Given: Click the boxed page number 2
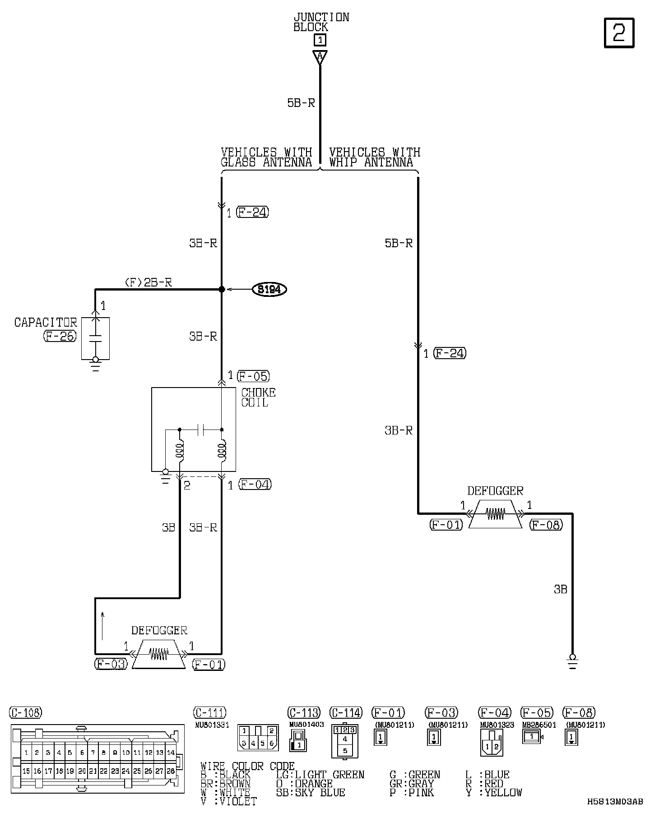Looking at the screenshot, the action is click(619, 33).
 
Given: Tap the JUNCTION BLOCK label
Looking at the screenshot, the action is click(321, 22).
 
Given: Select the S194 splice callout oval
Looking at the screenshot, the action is click(269, 289).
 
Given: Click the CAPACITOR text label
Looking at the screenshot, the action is click(46, 323).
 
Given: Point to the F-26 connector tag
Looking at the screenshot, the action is click(60, 336).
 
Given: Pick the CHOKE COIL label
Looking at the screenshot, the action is click(258, 397).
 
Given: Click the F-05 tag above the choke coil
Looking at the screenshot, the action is click(253, 376).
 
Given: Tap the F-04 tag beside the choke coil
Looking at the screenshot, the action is click(255, 485).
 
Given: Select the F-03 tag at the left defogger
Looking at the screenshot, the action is click(111, 664).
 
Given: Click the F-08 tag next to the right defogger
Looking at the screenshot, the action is click(546, 525).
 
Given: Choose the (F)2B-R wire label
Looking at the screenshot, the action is click(148, 282).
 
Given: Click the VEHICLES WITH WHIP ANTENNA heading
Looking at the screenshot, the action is click(374, 157).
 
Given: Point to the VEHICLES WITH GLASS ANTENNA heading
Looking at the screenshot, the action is click(266, 157).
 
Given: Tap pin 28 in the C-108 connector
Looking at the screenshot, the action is click(171, 771).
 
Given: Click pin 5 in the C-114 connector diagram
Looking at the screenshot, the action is click(345, 751).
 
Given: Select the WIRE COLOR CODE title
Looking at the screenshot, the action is click(247, 766).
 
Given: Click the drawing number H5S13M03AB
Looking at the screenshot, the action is click(615, 801).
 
